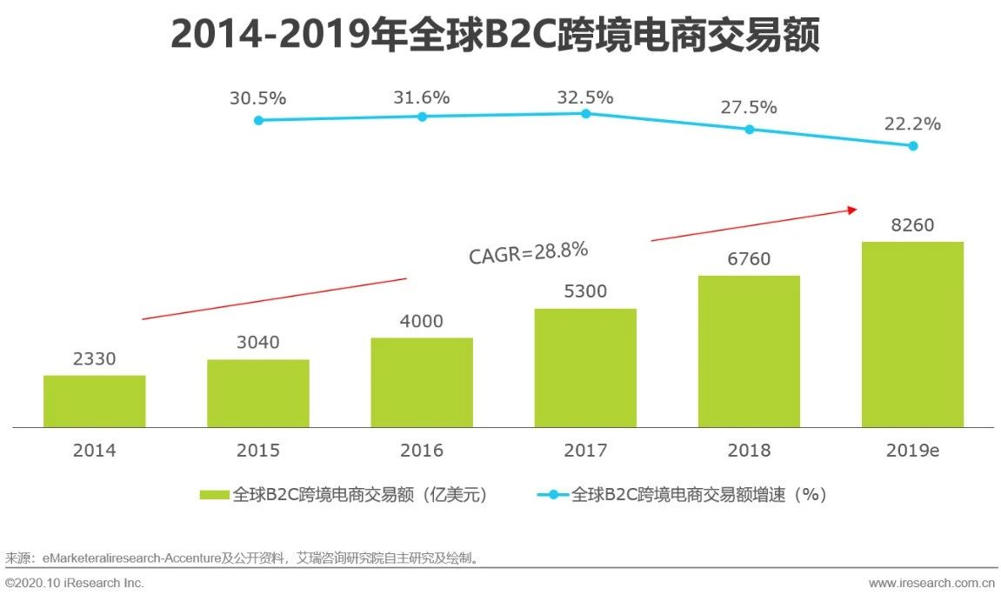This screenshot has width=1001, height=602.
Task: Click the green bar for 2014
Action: pos(94,401)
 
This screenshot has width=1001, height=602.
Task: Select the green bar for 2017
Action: pos(585,368)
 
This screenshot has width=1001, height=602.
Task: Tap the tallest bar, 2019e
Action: pos(912,334)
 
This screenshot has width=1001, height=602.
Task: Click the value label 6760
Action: pos(749,259)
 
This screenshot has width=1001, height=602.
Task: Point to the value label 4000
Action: pos(422,321)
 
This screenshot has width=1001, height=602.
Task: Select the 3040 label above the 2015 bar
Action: pos(258,343)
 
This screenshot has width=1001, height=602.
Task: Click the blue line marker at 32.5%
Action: pos(585,113)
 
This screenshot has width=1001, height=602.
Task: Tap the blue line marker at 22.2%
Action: pos(913,146)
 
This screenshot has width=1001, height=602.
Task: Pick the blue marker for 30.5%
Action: pos(258,120)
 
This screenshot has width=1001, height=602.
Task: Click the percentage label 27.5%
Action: pos(749,108)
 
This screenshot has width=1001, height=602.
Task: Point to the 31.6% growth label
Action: pos(422,97)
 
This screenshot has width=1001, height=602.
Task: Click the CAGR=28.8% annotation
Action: pos(529,253)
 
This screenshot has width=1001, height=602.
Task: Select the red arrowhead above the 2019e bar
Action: pos(852,209)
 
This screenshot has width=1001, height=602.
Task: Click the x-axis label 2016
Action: pos(422,451)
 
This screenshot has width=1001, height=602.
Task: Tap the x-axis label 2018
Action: pos(749,451)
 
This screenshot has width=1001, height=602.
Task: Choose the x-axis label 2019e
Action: pos(913,451)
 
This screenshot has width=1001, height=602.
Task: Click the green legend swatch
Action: pos(214,495)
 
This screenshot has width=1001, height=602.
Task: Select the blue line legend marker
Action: pos(553,495)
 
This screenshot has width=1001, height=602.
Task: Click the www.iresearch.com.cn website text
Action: pos(931,583)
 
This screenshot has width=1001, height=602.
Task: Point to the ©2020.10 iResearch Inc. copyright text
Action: pos(75,583)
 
